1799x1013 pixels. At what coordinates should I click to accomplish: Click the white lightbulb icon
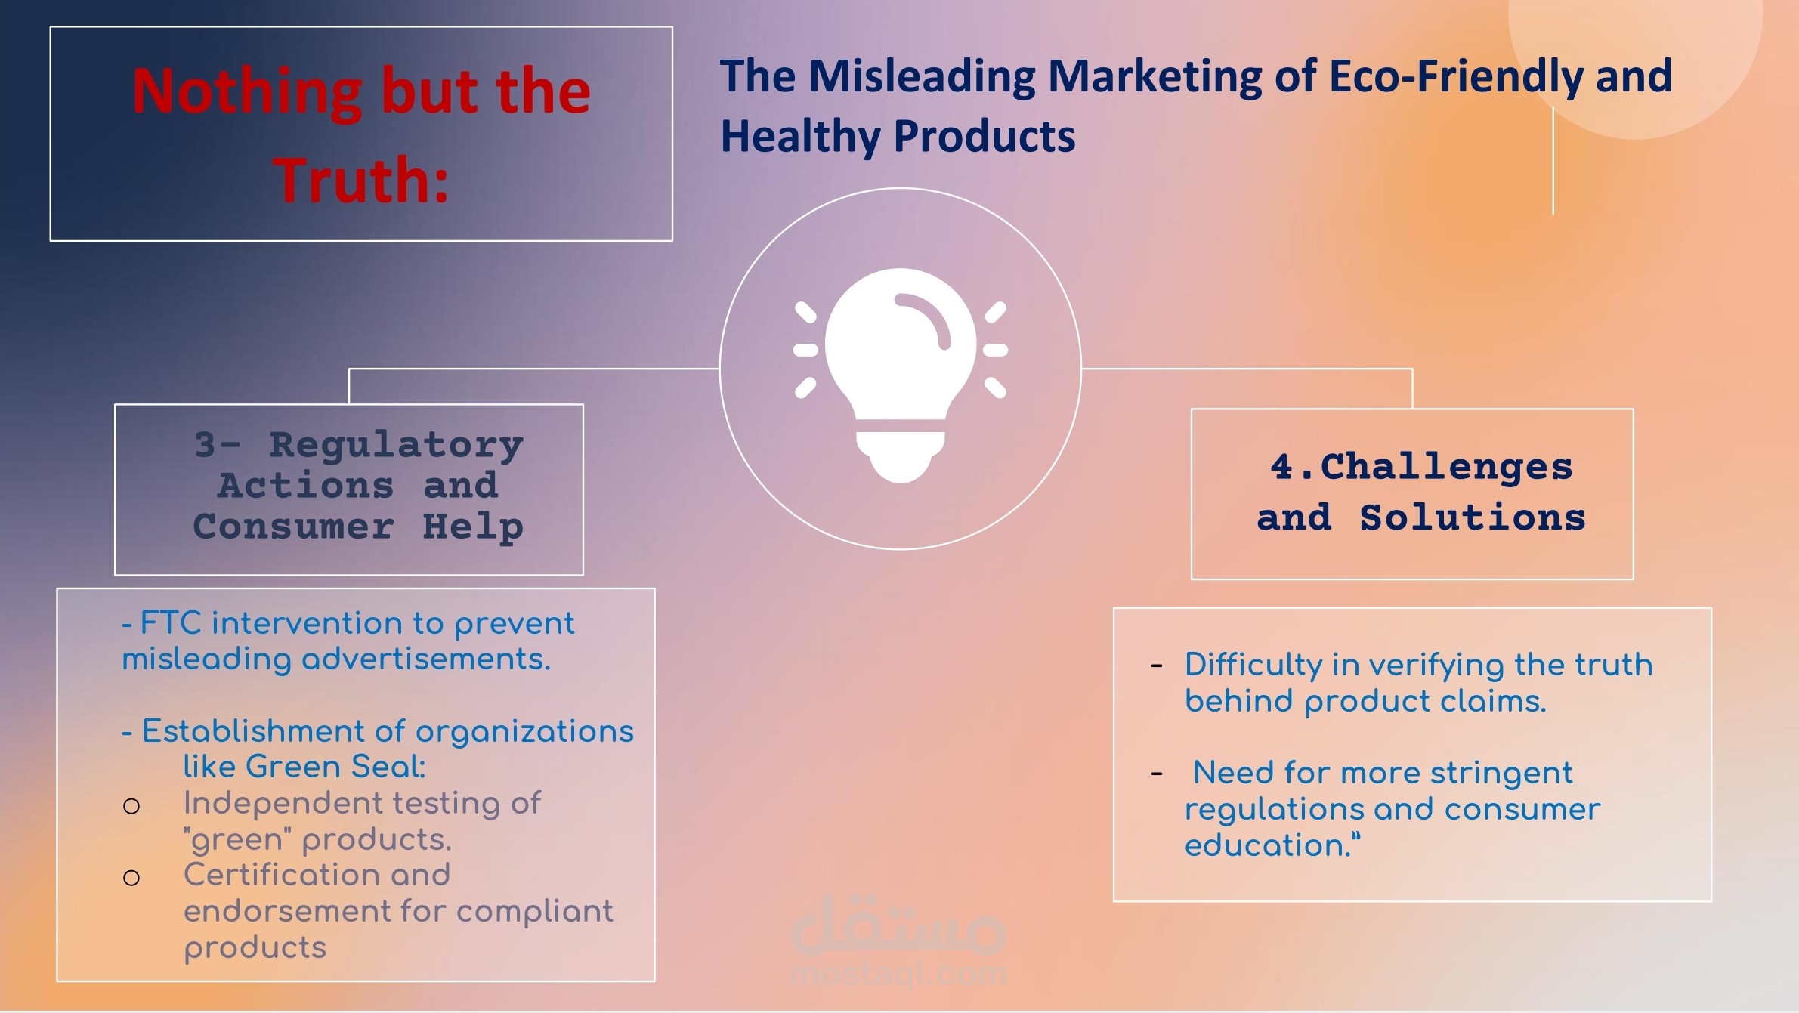(x=900, y=375)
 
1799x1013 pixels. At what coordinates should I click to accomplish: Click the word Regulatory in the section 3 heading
(x=396, y=444)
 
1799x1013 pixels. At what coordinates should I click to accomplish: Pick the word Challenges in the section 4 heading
(x=1446, y=466)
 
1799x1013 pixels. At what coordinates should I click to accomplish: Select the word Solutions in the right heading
(x=1473, y=517)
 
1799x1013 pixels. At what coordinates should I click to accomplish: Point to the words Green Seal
(x=335, y=767)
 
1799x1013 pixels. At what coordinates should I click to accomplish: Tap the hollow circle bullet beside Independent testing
(x=131, y=806)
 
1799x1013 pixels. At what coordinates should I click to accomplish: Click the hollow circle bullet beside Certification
(x=131, y=877)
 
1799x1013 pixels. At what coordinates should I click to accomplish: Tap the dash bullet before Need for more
(x=1156, y=774)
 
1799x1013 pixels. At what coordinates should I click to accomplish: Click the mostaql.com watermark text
(x=899, y=974)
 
